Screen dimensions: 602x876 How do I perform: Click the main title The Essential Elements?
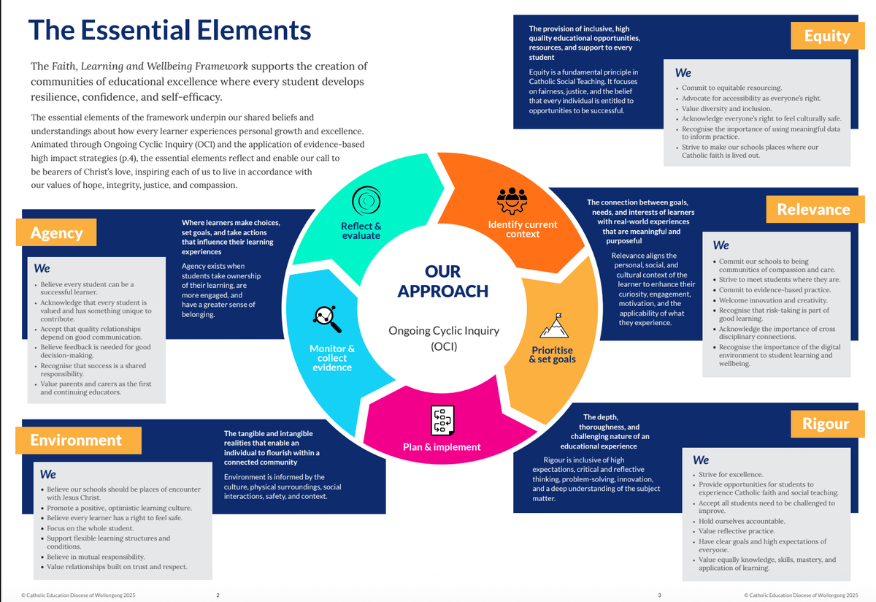click(169, 31)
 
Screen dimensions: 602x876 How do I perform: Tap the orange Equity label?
click(826, 36)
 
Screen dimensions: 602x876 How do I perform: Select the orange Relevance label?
click(813, 210)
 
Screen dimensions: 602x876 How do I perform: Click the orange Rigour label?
click(826, 424)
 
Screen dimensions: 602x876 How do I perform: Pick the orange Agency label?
click(56, 233)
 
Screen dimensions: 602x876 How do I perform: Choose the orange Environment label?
click(76, 440)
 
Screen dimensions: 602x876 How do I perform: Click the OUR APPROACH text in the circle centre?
click(442, 281)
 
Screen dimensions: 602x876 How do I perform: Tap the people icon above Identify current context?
click(512, 199)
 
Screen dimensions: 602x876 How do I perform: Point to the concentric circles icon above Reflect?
click(364, 200)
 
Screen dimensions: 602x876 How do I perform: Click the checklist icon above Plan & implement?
click(442, 419)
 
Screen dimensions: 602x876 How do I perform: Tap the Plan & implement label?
click(442, 447)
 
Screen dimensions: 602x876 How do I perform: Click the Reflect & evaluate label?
click(361, 231)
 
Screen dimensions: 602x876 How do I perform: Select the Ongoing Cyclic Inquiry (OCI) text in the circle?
click(443, 338)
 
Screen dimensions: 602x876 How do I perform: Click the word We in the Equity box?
click(683, 73)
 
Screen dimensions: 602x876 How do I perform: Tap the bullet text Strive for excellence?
click(731, 475)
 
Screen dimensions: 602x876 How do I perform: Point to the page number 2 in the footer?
click(218, 595)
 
